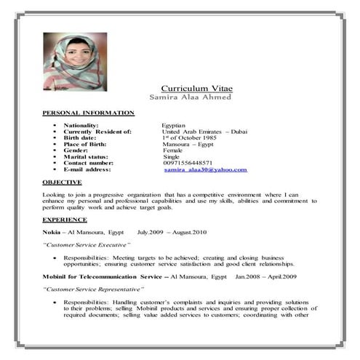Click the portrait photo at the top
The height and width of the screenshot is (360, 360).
coord(75,61)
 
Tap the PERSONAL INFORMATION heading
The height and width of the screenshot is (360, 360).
coord(88,113)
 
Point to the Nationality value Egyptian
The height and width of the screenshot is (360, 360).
coord(174,126)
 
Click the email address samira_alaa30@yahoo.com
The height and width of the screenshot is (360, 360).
coord(206,169)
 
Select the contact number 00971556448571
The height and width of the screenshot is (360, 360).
coord(188,163)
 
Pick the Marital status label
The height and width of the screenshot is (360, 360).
coord(86,156)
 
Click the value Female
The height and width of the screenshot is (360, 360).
coord(173,151)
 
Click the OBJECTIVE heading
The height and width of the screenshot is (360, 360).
coord(62,182)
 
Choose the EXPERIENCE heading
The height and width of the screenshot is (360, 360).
coord(65,219)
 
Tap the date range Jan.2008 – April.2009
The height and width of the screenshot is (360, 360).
coord(265,277)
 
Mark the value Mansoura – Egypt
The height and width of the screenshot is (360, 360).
coord(188,144)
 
